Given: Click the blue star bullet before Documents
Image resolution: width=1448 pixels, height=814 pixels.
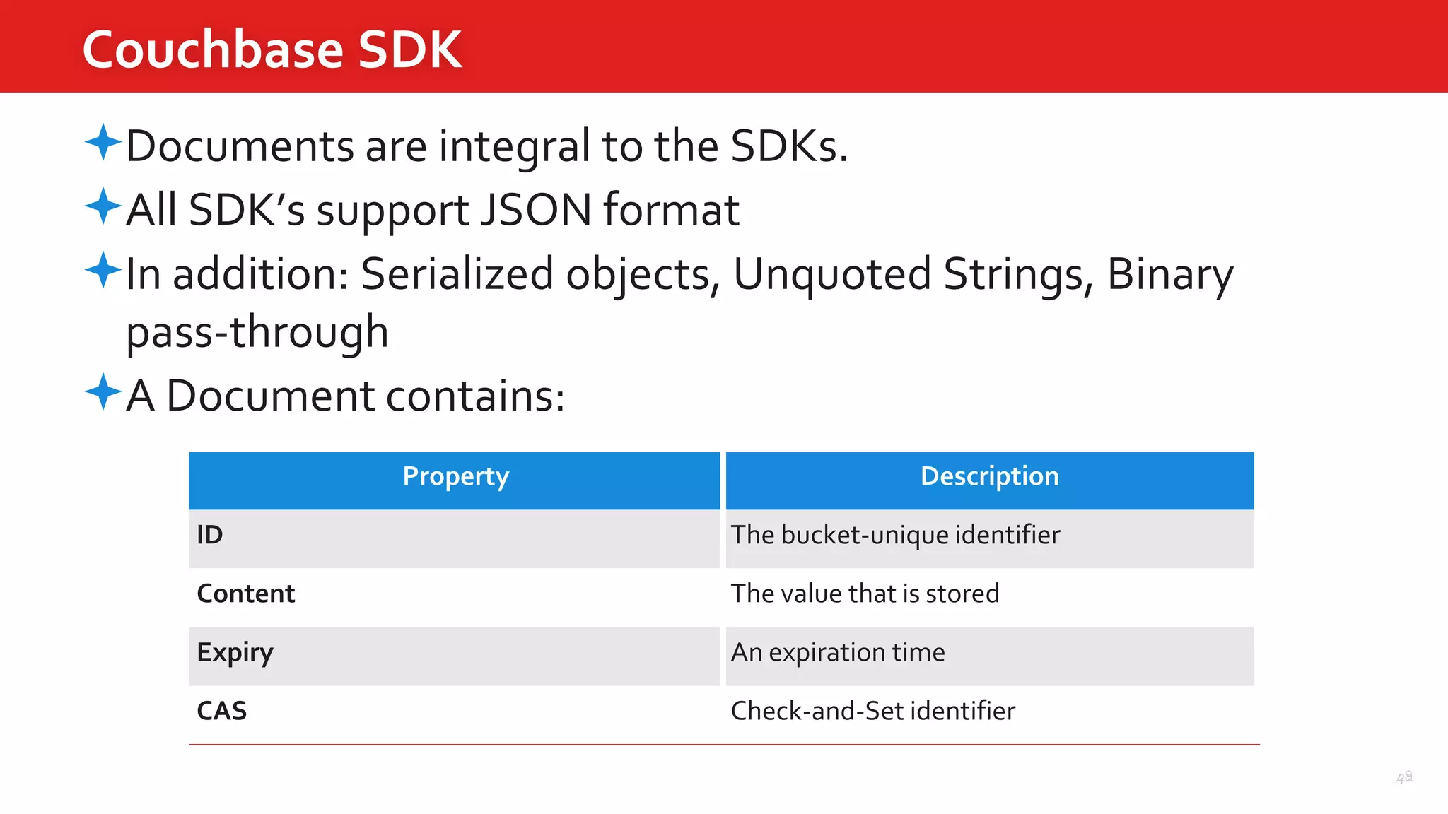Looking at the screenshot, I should click(103, 142).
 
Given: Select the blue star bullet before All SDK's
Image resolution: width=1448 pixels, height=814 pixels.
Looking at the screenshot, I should click(103, 206).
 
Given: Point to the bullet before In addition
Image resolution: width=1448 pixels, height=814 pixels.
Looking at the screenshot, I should click(103, 270).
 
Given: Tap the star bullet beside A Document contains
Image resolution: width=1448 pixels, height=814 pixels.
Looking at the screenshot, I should click(103, 391).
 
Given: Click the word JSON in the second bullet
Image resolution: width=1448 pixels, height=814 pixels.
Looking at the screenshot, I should click(535, 210).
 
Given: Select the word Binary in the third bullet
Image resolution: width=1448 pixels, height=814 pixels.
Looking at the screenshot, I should click(1169, 274).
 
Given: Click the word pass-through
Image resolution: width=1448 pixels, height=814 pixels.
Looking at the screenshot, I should click(257, 332).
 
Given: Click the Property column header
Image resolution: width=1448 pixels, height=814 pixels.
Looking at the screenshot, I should click(455, 477).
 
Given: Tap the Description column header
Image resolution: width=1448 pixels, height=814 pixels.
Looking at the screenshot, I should click(989, 477).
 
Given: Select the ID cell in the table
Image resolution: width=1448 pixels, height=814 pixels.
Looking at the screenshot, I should click(210, 535).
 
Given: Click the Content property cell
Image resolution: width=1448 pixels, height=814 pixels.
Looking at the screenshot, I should click(246, 594).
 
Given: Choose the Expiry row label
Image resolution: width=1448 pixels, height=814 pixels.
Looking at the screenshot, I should click(235, 653).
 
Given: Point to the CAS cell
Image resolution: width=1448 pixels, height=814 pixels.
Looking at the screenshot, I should click(222, 711).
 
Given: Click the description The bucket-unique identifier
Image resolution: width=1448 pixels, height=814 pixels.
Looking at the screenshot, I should click(895, 536).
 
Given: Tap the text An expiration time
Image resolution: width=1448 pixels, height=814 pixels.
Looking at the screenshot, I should click(838, 653).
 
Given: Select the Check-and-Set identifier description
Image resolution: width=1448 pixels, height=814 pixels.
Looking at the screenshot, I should click(872, 711).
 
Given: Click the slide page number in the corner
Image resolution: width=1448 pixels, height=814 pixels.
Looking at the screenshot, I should click(1404, 778).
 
